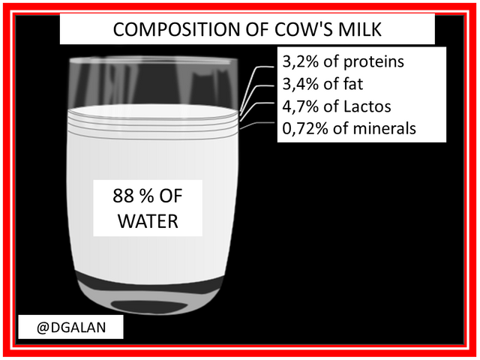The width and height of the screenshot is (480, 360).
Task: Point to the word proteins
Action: coord(373,62)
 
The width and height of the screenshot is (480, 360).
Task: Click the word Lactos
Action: coord(367,106)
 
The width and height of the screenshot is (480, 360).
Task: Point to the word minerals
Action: coord(384,128)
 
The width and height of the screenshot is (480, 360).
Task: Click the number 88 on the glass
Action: coord(123,196)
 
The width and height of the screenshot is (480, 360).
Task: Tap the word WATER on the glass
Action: coord(148,220)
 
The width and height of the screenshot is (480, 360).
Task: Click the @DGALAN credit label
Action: coord(71,327)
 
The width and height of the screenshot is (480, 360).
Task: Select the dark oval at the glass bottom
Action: coord(149,306)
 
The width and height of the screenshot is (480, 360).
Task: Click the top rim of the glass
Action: coord(154,60)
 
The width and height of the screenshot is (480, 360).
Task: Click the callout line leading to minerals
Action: coord(257,125)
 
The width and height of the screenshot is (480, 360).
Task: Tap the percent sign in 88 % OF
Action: coord(148,196)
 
